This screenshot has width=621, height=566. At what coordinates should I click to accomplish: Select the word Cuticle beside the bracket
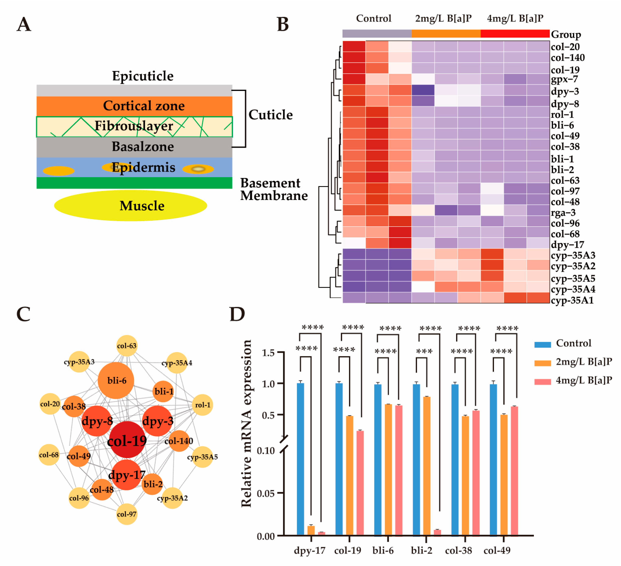[x=271, y=115]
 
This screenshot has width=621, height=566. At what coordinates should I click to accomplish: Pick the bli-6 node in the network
[x=116, y=381]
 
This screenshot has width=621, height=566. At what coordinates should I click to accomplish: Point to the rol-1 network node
[x=202, y=405]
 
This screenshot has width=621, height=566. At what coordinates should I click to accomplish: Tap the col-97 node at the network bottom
[x=127, y=514]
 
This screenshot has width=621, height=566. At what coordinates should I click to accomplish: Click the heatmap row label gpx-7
[x=564, y=79]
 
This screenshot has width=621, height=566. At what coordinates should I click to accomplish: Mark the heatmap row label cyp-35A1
[x=572, y=300]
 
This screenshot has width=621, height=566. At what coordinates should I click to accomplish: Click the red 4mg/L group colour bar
[x=515, y=34]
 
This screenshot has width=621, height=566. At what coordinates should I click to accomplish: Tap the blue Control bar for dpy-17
[x=300, y=459]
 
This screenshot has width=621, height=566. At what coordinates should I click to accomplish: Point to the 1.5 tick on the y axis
[x=268, y=352]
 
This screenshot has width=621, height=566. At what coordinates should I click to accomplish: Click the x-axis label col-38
[x=458, y=550]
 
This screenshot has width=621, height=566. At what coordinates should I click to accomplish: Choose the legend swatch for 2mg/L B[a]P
[x=542, y=363]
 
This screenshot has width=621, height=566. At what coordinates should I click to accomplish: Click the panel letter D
[x=237, y=315]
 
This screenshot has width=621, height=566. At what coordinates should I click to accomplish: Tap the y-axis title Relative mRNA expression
[x=246, y=424]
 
